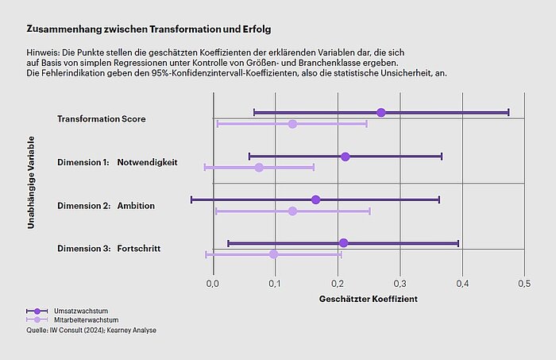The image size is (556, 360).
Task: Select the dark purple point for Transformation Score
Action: [381, 113]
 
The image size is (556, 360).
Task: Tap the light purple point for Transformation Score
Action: [292, 124]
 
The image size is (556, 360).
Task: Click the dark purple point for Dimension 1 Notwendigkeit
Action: [346, 157]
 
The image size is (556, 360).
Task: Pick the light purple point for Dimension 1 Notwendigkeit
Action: [259, 168]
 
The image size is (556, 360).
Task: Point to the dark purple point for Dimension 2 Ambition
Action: [315, 199]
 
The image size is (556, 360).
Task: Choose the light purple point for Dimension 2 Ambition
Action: [292, 211]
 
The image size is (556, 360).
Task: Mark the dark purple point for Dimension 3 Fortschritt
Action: [343, 243]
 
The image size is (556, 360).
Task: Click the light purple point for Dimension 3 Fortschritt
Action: [273, 254]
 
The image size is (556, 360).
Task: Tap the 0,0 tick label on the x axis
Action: [213, 283]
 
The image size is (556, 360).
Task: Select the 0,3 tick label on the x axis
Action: [400, 283]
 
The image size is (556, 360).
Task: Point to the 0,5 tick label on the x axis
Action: [524, 283]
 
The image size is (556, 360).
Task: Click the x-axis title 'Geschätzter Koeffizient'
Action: [368, 300]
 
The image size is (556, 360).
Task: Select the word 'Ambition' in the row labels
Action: [136, 206]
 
